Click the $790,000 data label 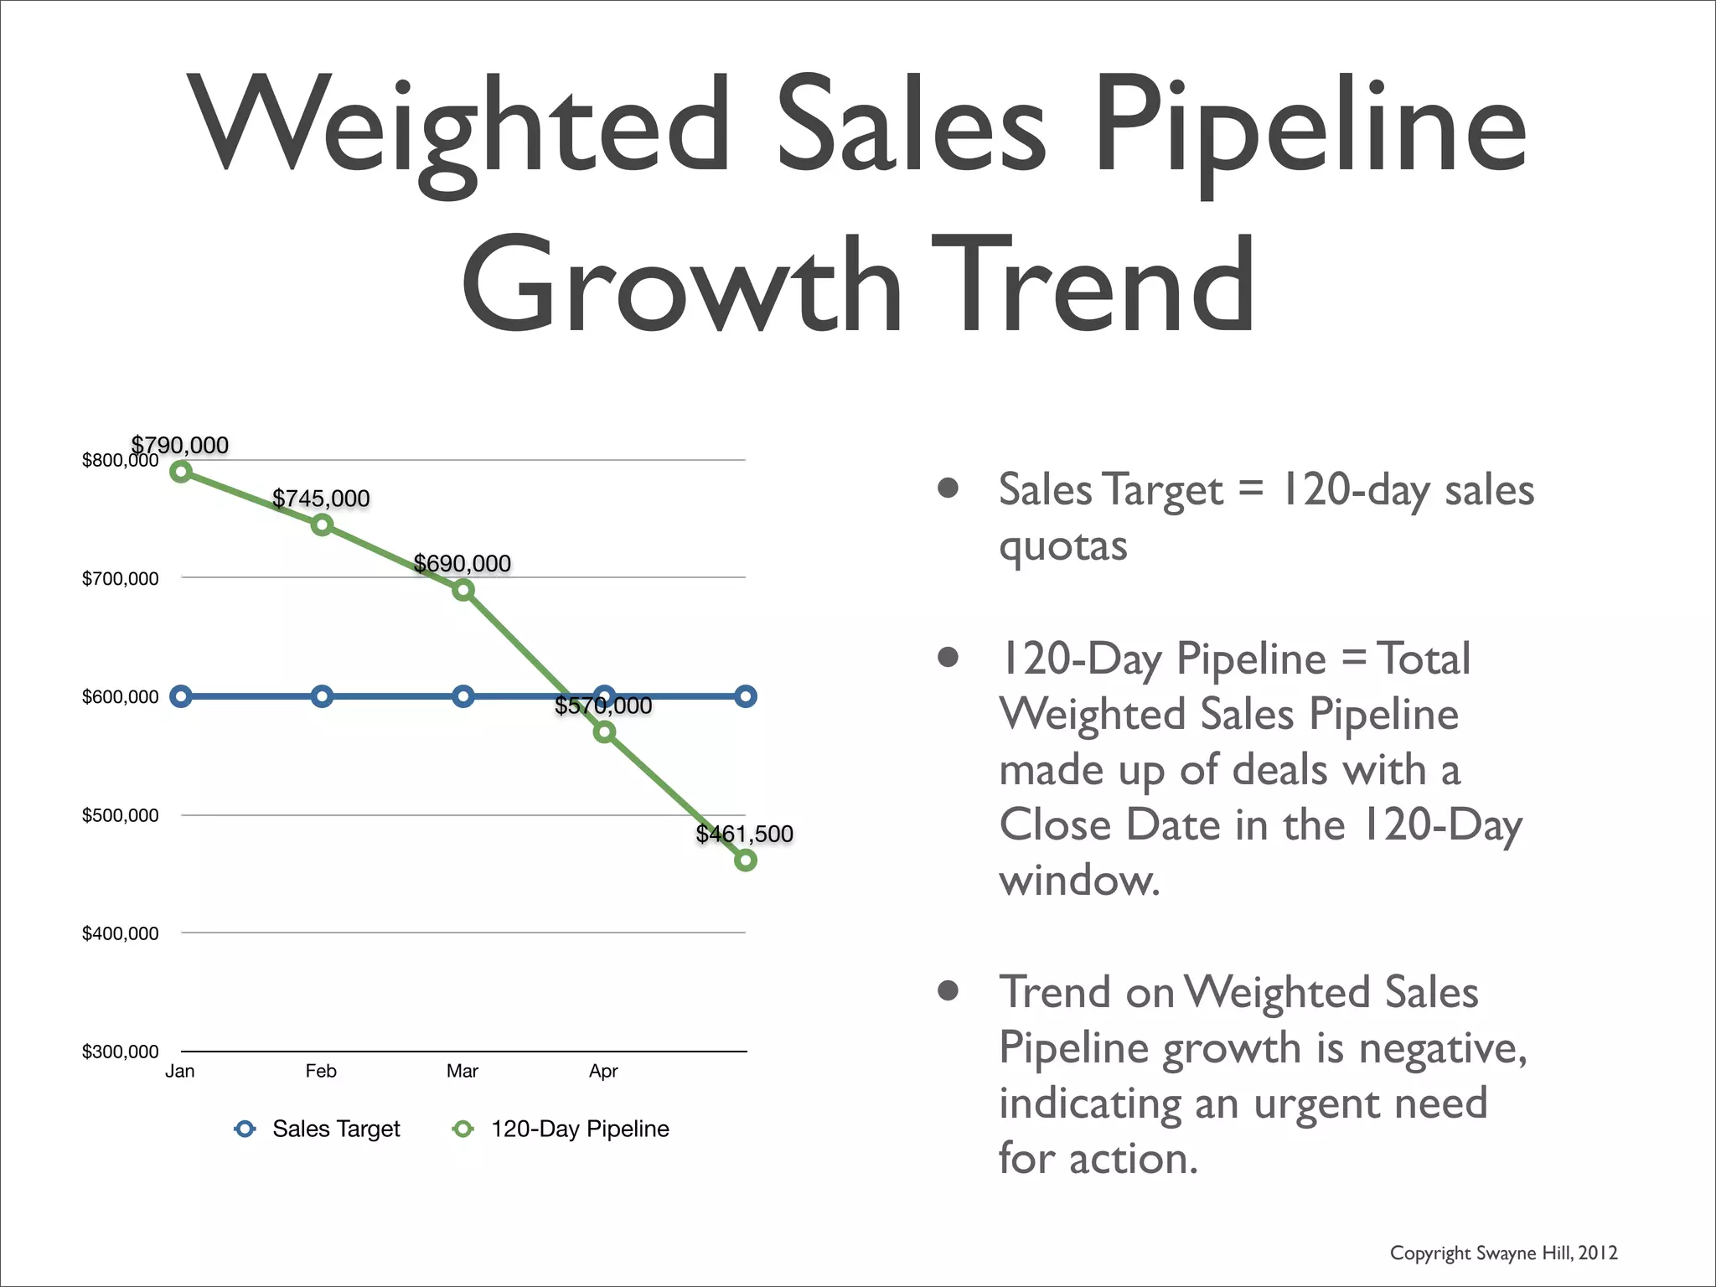click(180, 445)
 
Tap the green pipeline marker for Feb click(322, 525)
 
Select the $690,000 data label click(463, 563)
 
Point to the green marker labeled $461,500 click(745, 861)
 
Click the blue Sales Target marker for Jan click(181, 696)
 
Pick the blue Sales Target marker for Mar click(463, 696)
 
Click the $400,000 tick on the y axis click(120, 933)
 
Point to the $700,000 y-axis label click(120, 579)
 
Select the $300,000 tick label click(120, 1052)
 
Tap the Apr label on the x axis click(603, 1071)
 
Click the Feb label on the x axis click(321, 1071)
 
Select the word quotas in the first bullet click(1062, 546)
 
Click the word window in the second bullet click(1079, 881)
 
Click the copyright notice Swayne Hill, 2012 click(1503, 1253)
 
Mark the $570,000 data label click(603, 706)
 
